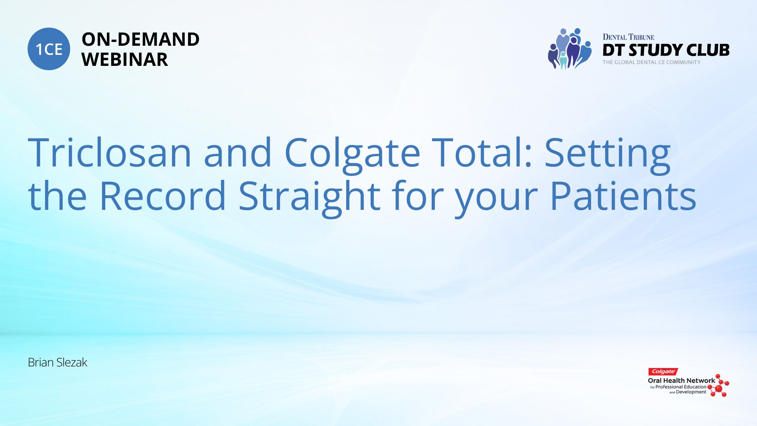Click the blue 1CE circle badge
click(49, 49)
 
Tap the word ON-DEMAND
click(140, 39)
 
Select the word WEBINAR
click(125, 60)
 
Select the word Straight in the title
click(310, 198)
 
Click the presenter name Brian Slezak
click(58, 362)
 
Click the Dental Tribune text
click(628, 37)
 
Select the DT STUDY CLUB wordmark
click(666, 50)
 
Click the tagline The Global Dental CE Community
click(651, 62)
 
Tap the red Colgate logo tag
click(663, 372)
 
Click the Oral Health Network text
click(681, 381)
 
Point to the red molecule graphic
click(719, 385)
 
